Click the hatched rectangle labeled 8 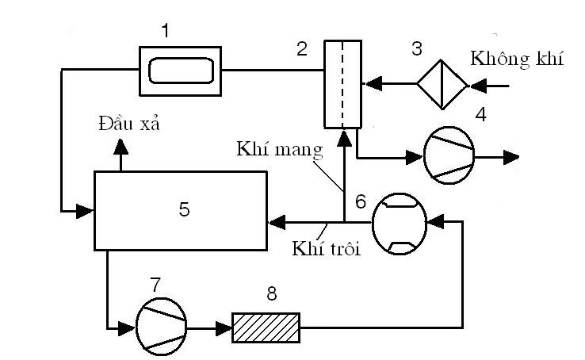(x=266, y=327)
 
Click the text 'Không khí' (x=517, y=59)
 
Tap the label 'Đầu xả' (x=129, y=123)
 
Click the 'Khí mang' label (x=280, y=149)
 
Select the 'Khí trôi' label (x=326, y=248)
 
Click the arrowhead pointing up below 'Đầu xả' (x=120, y=146)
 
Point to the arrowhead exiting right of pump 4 (x=511, y=158)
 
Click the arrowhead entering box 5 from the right (x=277, y=222)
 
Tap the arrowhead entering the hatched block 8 (x=224, y=328)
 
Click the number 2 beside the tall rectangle (x=302, y=49)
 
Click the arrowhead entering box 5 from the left (x=85, y=211)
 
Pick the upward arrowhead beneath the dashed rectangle (x=344, y=138)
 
